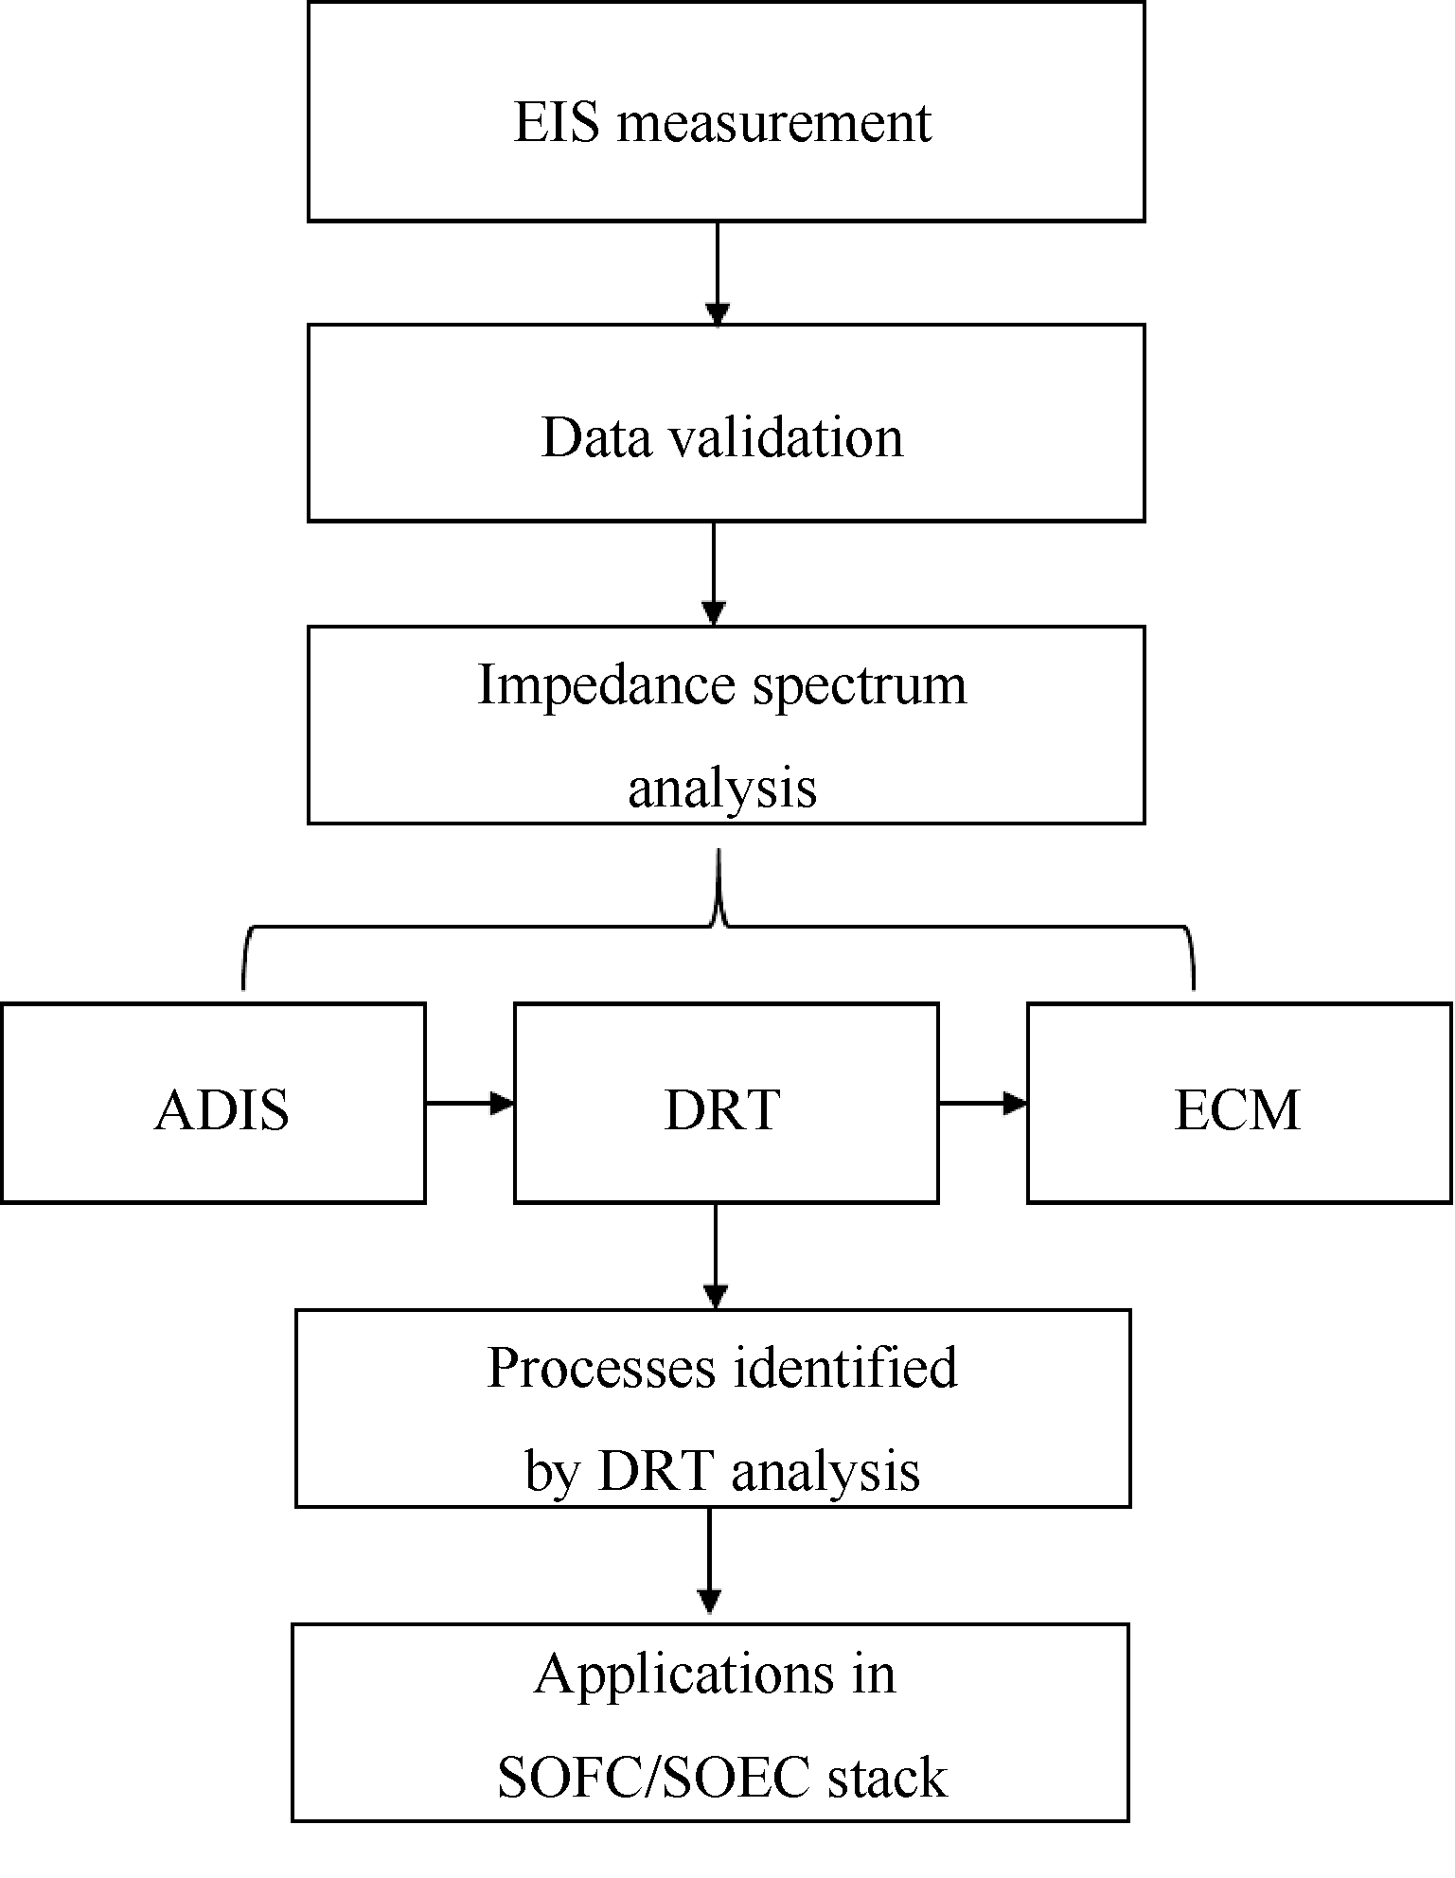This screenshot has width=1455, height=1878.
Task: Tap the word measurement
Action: coord(774,124)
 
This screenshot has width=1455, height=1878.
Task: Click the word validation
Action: coord(787,438)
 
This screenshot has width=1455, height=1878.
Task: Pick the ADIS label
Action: coord(222,1109)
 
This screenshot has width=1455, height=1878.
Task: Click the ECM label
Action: coord(1237,1109)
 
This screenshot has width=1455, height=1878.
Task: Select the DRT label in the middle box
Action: coord(722,1109)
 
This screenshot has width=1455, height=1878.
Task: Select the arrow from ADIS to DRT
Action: coord(470,1103)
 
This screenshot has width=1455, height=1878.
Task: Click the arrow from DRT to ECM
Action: coord(983,1103)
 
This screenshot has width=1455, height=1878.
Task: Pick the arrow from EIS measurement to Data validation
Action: coord(718,274)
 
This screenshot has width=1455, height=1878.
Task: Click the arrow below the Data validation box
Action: coord(714,574)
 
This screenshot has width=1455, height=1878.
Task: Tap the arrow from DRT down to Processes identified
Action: coord(716,1256)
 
